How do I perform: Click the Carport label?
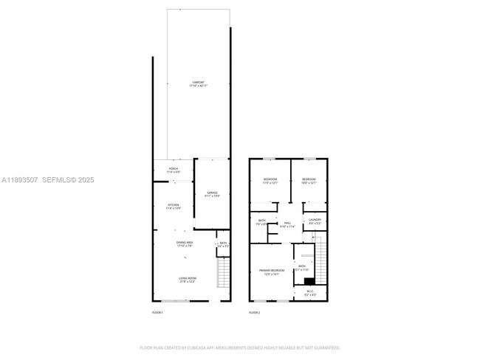coord(198,85)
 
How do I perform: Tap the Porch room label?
coord(173,170)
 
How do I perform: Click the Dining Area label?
coord(185,244)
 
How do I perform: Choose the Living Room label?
coord(187,280)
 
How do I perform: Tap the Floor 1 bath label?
coord(222,244)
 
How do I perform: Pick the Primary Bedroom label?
coord(272,272)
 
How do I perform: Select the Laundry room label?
coord(315,221)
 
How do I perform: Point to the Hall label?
coord(288,225)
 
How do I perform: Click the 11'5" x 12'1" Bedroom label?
coord(270,181)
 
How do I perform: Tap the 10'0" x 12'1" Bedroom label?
coord(309,181)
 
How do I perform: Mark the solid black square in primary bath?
coord(309,280)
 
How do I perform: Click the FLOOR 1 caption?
coord(157,313)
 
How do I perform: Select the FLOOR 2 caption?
coord(254,313)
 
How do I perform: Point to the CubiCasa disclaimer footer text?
coord(240,347)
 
